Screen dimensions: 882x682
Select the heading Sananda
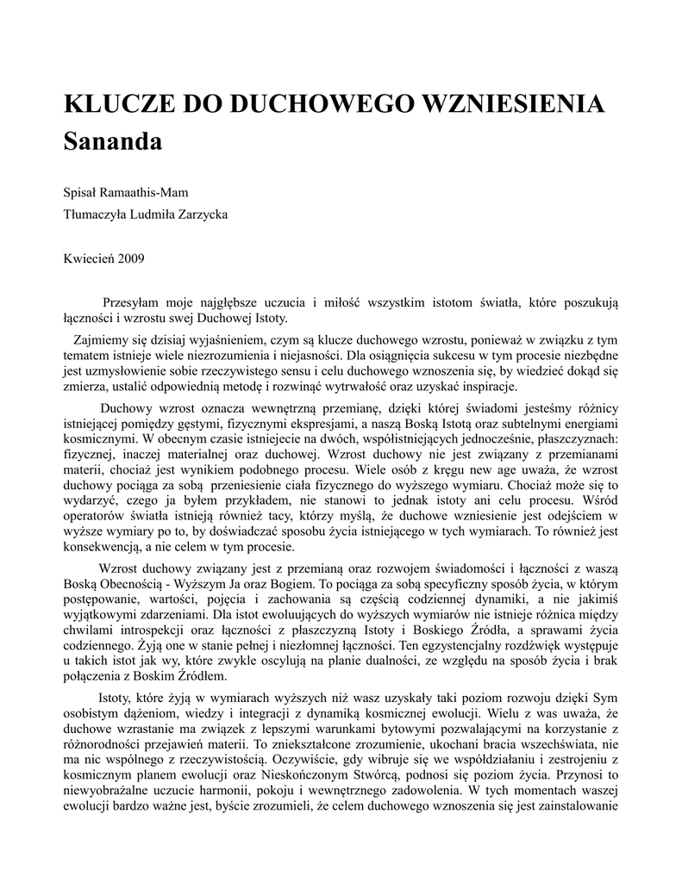[113, 142]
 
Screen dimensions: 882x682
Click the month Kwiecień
[90, 258]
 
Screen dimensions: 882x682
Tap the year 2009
[131, 258]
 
